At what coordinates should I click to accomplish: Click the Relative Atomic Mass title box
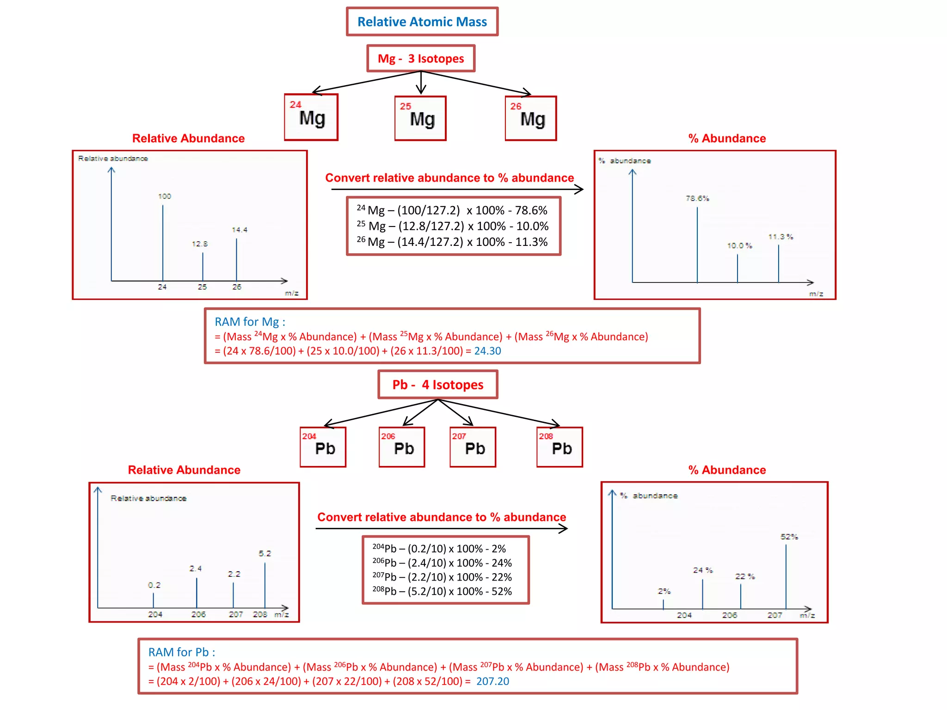[422, 22]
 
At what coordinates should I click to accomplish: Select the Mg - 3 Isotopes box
[421, 59]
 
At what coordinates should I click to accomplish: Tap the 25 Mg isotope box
[420, 118]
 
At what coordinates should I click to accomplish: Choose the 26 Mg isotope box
[530, 118]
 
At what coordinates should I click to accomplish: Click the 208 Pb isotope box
[560, 447]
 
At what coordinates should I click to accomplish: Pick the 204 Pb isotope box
[323, 447]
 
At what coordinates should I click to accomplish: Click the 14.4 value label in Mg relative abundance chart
[240, 230]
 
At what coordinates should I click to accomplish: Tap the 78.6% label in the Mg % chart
[697, 198]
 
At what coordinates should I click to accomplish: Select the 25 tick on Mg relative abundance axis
[202, 287]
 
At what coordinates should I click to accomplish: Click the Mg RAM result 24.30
[487, 351]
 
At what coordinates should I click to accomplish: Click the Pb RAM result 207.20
[492, 681]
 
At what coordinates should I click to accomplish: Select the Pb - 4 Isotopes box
[437, 385]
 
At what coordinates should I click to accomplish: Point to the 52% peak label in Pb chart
[789, 537]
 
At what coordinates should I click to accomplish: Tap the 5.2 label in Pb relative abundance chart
[264, 553]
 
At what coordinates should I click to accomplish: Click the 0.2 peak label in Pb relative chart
[154, 585]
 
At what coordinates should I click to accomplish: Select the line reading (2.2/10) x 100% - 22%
[442, 577]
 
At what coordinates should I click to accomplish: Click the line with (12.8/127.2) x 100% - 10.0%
[452, 226]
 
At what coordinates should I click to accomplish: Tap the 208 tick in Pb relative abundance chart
[260, 614]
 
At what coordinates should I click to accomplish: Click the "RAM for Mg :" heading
[250, 322]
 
